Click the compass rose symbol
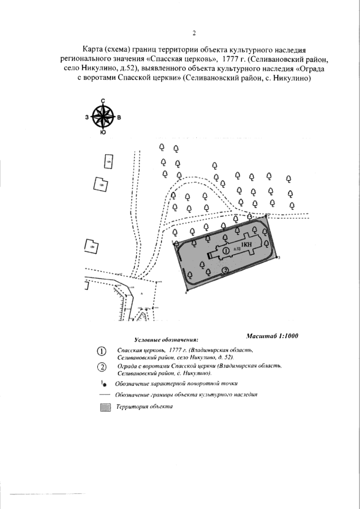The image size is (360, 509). (x=102, y=117)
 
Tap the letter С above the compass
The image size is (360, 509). (x=102, y=101)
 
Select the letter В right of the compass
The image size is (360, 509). (x=119, y=118)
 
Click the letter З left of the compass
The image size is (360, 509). (x=87, y=118)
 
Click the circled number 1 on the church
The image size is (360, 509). (x=225, y=250)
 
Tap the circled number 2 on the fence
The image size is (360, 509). (x=225, y=271)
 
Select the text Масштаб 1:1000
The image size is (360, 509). (x=272, y=336)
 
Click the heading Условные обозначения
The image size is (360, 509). (x=166, y=340)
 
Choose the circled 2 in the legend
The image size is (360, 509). (x=102, y=368)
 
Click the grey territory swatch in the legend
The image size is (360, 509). (x=103, y=408)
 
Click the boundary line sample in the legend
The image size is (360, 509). (x=104, y=395)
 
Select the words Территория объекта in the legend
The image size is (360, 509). (x=141, y=407)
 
